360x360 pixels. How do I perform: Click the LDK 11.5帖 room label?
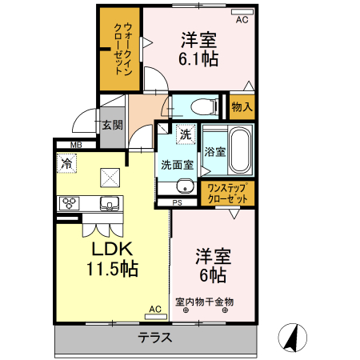pyautogui.click(x=111, y=259)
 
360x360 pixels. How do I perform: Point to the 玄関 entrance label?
pyautogui.click(x=112, y=125)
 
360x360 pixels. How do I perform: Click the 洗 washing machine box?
pyautogui.click(x=185, y=135)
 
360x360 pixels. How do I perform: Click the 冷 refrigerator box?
pyautogui.click(x=66, y=162)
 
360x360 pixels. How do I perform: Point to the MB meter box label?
pyautogui.click(x=75, y=145)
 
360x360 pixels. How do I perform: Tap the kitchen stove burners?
pyautogui.click(x=67, y=202)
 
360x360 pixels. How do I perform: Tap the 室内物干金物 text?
pyautogui.click(x=204, y=302)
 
